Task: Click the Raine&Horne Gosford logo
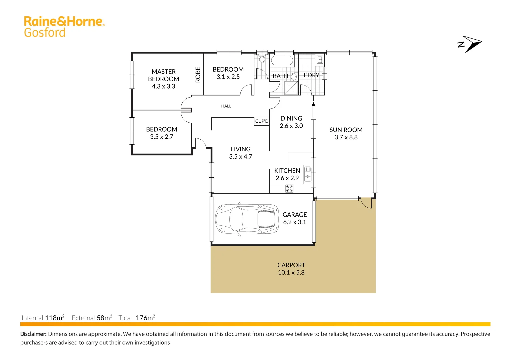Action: (x=64, y=26)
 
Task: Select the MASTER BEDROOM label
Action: (x=163, y=75)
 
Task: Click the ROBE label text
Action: (x=198, y=75)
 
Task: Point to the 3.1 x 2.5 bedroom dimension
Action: (x=228, y=77)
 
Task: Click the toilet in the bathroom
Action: (x=262, y=59)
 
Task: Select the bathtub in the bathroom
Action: (x=282, y=61)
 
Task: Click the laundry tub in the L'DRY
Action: (x=319, y=60)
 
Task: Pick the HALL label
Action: (x=226, y=106)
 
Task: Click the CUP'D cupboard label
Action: (x=262, y=121)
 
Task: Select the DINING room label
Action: (x=291, y=119)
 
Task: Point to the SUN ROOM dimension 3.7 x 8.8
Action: (x=346, y=137)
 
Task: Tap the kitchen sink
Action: (x=308, y=174)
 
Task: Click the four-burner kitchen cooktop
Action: (x=289, y=189)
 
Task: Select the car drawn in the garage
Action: (x=247, y=219)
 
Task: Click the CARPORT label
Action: (x=291, y=265)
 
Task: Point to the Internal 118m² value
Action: (x=54, y=318)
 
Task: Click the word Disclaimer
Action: (x=33, y=334)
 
